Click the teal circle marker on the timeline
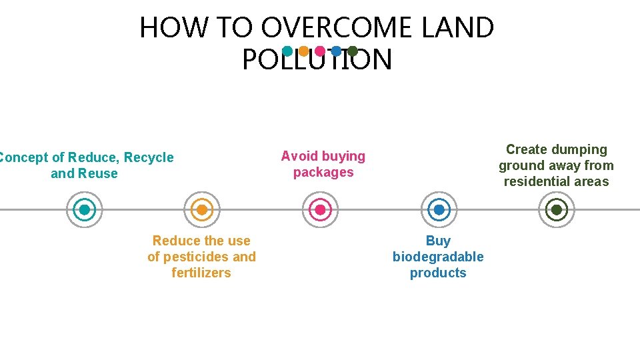coord(85,210)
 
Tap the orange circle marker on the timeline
coord(202,210)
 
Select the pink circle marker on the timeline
coord(320,210)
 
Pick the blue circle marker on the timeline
coord(439,210)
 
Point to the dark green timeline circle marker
coord(556,210)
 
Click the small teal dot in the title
coord(287,51)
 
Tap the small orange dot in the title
coord(303,51)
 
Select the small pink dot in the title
coord(320,51)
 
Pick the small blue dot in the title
coord(337,51)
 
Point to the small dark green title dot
coord(353,51)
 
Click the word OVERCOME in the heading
coord(337,28)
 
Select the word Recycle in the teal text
coord(149,157)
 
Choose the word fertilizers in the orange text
coord(201,273)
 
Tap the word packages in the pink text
coord(323,172)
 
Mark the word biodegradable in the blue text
coord(438,257)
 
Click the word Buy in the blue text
coord(438,241)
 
